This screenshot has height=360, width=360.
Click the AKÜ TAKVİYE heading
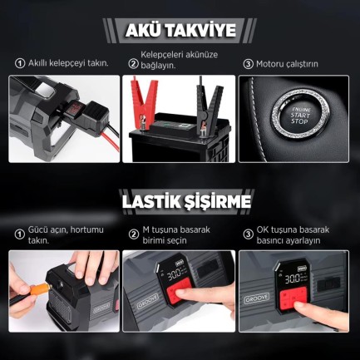180,31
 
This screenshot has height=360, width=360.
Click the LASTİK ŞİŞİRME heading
180,202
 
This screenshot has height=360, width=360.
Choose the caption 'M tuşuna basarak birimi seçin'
180,234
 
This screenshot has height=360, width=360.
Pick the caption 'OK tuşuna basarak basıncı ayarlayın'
293,234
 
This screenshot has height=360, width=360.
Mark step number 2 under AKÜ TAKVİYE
133,63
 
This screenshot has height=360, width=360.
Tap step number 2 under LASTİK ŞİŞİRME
134,230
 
